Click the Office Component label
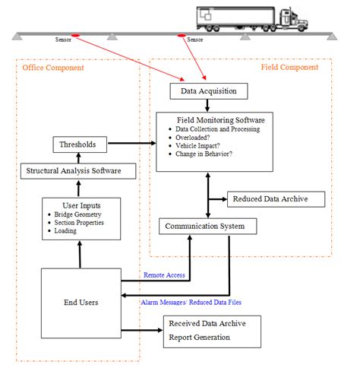coord(52,68)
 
